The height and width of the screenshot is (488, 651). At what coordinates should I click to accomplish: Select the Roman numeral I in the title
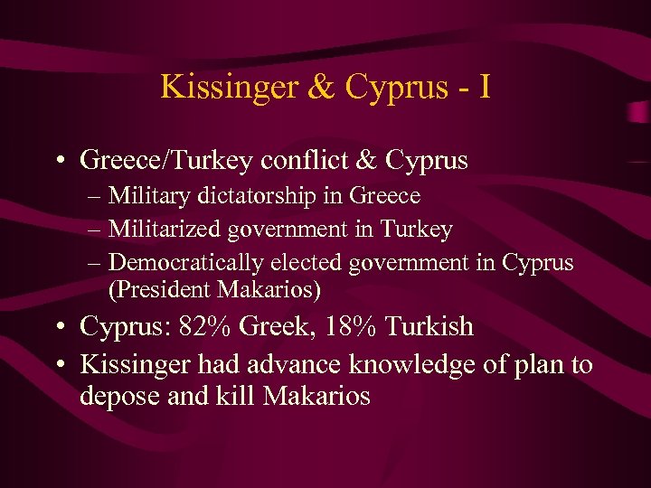(485, 87)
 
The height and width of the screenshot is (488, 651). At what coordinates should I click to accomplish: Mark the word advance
(290, 365)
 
